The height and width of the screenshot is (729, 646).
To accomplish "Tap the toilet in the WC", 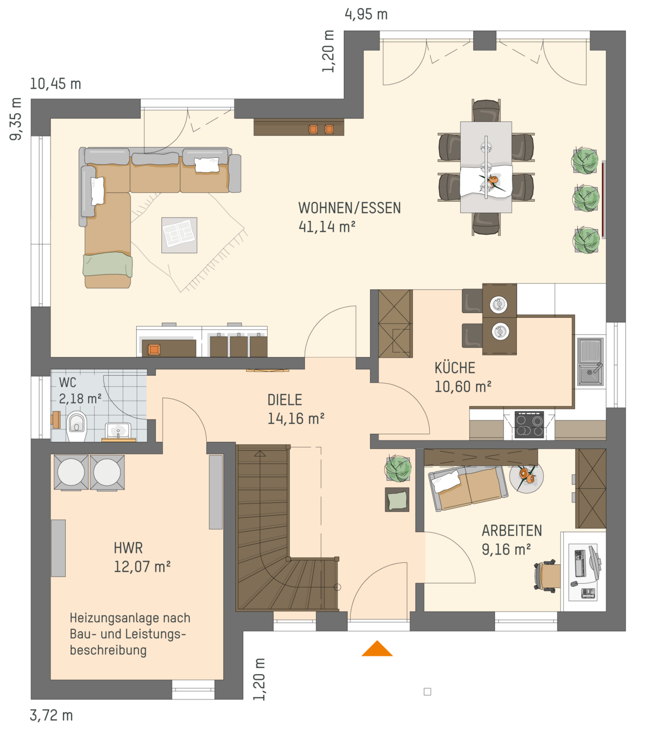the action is pyautogui.click(x=76, y=426).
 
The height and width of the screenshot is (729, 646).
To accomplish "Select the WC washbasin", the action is pyautogui.click(x=118, y=430).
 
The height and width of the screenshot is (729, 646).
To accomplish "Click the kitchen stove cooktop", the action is pyautogui.click(x=529, y=425).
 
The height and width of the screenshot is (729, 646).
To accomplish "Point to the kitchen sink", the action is pyautogui.click(x=590, y=361).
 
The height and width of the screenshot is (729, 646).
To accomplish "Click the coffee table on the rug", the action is pyautogui.click(x=179, y=235).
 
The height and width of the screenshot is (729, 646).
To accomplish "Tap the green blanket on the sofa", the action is pyautogui.click(x=108, y=264).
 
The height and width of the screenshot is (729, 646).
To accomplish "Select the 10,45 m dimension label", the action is pyautogui.click(x=55, y=84).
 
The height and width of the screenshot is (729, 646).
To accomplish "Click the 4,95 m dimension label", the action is pyautogui.click(x=366, y=15).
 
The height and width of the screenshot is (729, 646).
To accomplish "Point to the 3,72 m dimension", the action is pyautogui.click(x=51, y=716).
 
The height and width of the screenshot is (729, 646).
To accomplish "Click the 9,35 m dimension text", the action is pyautogui.click(x=16, y=119).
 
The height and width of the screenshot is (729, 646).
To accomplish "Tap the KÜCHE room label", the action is pyautogui.click(x=454, y=368).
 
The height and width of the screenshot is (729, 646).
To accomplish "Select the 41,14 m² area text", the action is pyautogui.click(x=327, y=227).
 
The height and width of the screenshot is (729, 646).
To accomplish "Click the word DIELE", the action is pyautogui.click(x=285, y=399).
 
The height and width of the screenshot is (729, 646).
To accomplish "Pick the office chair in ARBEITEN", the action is pyautogui.click(x=546, y=576).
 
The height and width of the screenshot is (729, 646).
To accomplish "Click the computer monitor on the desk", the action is pyautogui.click(x=594, y=563).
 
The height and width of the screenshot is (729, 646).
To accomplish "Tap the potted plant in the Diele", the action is pyautogui.click(x=398, y=468).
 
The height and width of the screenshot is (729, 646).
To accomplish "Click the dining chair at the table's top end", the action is pyautogui.click(x=486, y=110).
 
